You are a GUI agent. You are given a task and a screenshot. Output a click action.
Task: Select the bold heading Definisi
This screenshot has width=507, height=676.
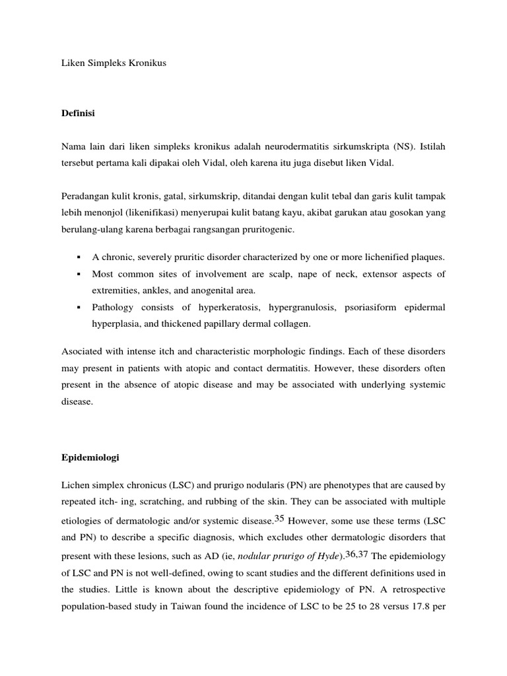tap(78, 114)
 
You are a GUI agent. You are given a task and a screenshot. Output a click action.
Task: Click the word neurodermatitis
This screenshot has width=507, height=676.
tap(296, 145)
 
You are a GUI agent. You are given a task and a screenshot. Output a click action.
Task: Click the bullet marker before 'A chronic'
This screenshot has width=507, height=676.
tap(78, 256)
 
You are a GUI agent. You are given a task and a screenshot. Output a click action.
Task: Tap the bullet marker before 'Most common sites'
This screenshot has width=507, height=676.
tap(78, 273)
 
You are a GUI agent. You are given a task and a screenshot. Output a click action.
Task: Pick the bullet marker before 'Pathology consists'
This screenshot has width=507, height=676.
tap(78, 308)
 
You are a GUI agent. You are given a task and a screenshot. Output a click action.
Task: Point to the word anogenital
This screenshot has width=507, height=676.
tap(228, 290)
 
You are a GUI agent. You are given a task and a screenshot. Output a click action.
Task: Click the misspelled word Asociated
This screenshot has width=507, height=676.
tap(81, 350)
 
